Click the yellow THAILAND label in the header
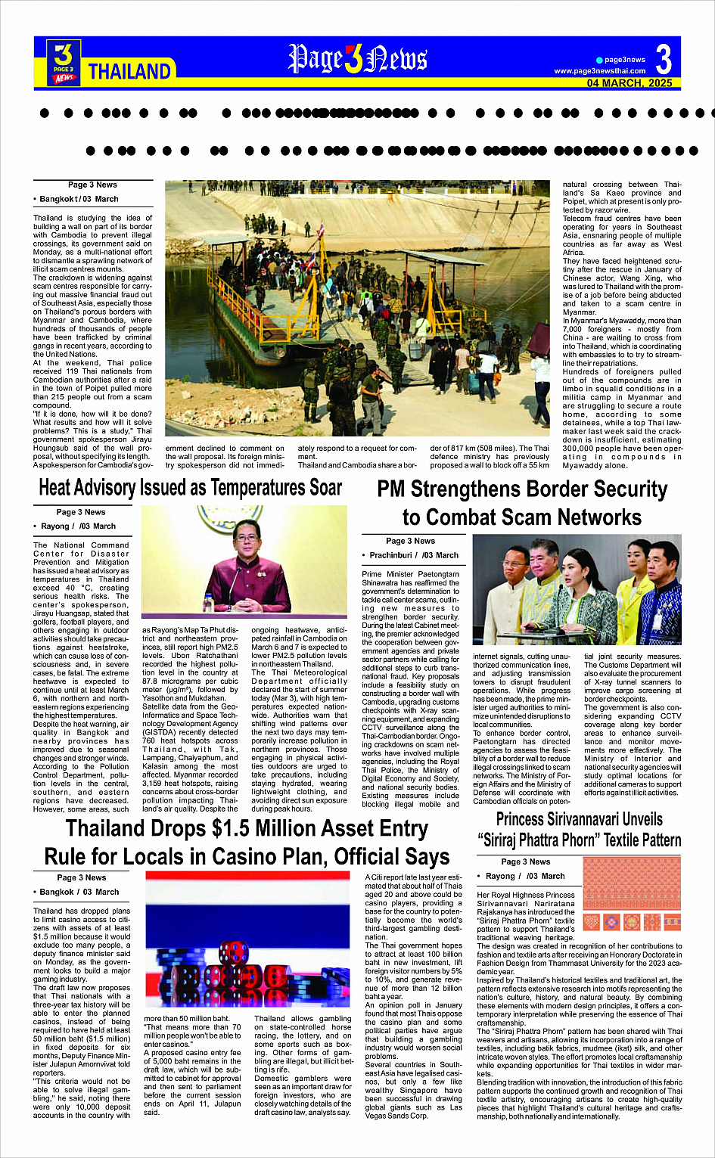[129, 71]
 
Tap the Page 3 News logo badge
[64, 61]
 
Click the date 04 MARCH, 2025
[630, 83]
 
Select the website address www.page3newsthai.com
[600, 71]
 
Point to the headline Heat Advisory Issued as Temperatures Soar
[190, 488]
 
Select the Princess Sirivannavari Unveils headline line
[579, 819]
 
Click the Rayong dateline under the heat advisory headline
[78, 526]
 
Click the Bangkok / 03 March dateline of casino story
[79, 892]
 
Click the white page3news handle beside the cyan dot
[625, 60]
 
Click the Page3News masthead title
[358, 59]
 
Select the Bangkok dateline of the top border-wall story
[79, 199]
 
